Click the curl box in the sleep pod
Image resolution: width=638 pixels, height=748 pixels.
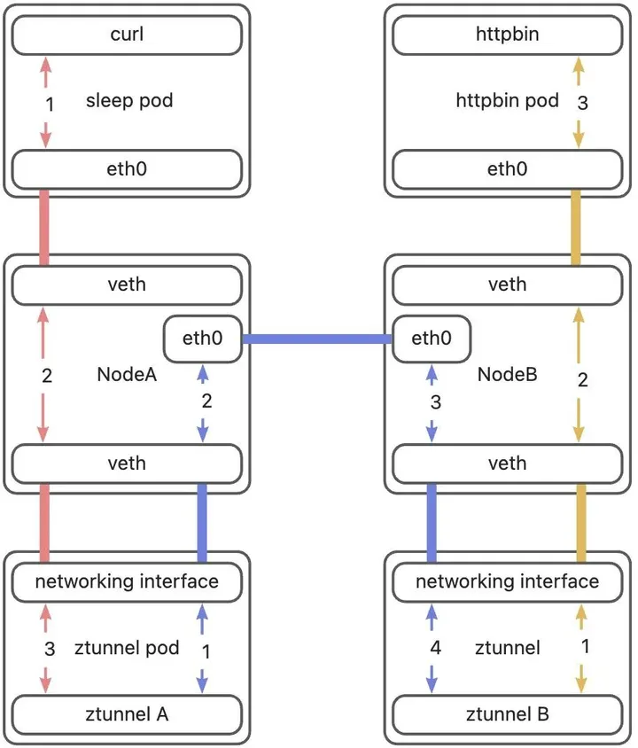[x=127, y=35]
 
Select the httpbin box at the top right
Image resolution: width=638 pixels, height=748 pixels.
[x=508, y=35]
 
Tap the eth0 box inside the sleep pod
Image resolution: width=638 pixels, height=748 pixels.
[x=127, y=169]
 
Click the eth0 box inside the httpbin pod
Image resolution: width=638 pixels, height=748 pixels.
[x=508, y=169]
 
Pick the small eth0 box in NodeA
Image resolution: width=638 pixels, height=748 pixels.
[x=203, y=339]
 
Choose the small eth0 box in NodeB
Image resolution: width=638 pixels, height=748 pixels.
[x=432, y=339]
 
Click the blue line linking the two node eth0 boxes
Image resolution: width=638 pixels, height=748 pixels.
[x=317, y=339]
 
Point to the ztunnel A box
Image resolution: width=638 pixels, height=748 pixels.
[x=127, y=714]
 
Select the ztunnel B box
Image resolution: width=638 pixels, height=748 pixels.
[x=508, y=714]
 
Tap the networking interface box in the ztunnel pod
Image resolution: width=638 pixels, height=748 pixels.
[x=127, y=582]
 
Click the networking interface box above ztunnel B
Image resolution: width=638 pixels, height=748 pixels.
[x=508, y=582]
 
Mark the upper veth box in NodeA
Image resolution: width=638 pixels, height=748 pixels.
[x=127, y=285]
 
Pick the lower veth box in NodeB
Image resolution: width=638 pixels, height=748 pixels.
[x=508, y=464]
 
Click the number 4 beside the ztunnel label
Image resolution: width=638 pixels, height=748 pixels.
[x=435, y=648]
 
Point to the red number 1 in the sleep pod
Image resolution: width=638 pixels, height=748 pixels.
[x=50, y=105]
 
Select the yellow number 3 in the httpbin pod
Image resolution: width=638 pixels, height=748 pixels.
[x=582, y=103]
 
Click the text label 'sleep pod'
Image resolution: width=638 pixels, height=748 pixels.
[x=129, y=101]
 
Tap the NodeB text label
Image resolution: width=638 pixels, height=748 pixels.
[x=508, y=375]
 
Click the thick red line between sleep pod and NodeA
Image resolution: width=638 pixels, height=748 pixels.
[x=44, y=228]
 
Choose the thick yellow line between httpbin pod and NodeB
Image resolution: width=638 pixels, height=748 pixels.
[x=576, y=228]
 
